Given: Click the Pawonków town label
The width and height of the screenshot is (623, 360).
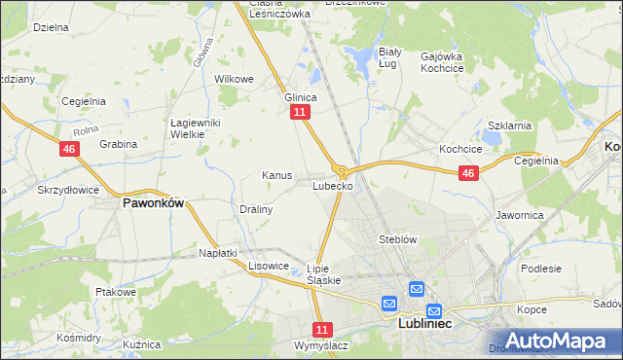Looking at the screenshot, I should (x=153, y=204).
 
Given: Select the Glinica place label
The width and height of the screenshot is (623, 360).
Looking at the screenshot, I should (x=301, y=97).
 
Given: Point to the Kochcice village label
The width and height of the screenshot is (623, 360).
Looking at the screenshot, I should (x=461, y=150).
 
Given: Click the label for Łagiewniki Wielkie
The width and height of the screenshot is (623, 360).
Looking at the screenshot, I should (x=198, y=128).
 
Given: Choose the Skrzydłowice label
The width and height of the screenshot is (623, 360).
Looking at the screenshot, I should (x=69, y=189).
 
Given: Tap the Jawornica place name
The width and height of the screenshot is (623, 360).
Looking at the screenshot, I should (x=520, y=214).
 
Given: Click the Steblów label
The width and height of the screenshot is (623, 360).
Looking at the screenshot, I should (x=397, y=238).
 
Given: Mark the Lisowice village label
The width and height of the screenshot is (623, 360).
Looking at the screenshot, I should (x=269, y=265).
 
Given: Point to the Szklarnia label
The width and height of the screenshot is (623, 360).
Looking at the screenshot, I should (x=508, y=126).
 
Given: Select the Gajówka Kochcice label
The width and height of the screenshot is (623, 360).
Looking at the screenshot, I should (x=441, y=63).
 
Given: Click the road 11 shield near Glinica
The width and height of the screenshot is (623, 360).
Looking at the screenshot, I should (x=300, y=113).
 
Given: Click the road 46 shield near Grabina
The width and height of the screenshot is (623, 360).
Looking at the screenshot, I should (x=68, y=149).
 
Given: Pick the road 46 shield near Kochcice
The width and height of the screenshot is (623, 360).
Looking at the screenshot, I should (x=468, y=173).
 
